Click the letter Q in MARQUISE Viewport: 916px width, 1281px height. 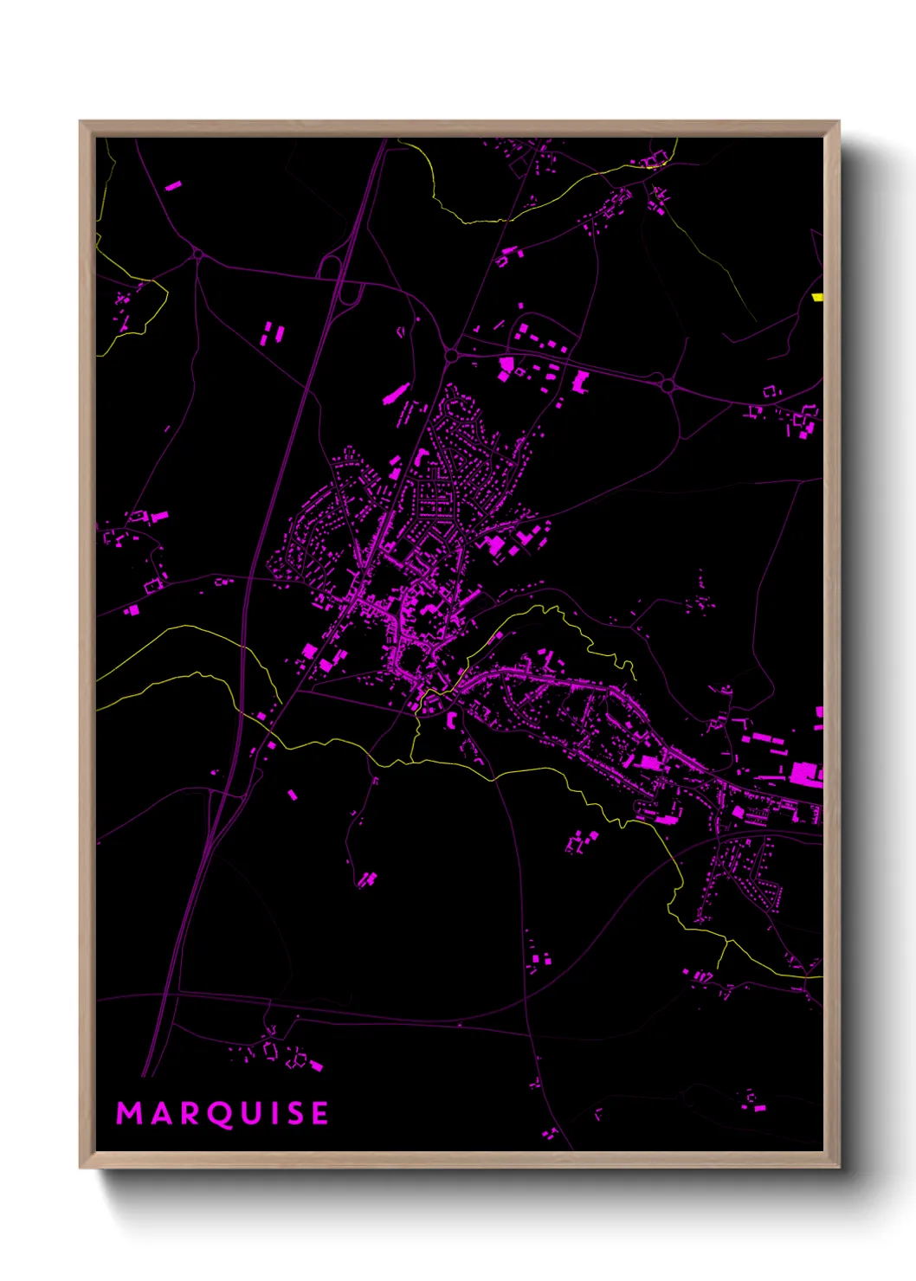click(223, 1114)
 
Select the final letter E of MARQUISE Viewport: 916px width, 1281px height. click(319, 1113)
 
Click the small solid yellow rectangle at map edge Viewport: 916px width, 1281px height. click(817, 297)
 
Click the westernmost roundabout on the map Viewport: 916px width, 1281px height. click(197, 254)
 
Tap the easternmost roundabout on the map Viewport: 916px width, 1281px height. click(668, 384)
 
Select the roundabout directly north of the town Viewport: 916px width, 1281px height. click(451, 355)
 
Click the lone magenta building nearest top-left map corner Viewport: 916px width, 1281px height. click(173, 185)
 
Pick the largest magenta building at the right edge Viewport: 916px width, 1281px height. click(805, 772)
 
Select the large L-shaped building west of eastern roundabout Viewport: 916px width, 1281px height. click(579, 382)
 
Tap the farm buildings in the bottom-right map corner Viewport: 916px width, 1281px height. click(753, 1102)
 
